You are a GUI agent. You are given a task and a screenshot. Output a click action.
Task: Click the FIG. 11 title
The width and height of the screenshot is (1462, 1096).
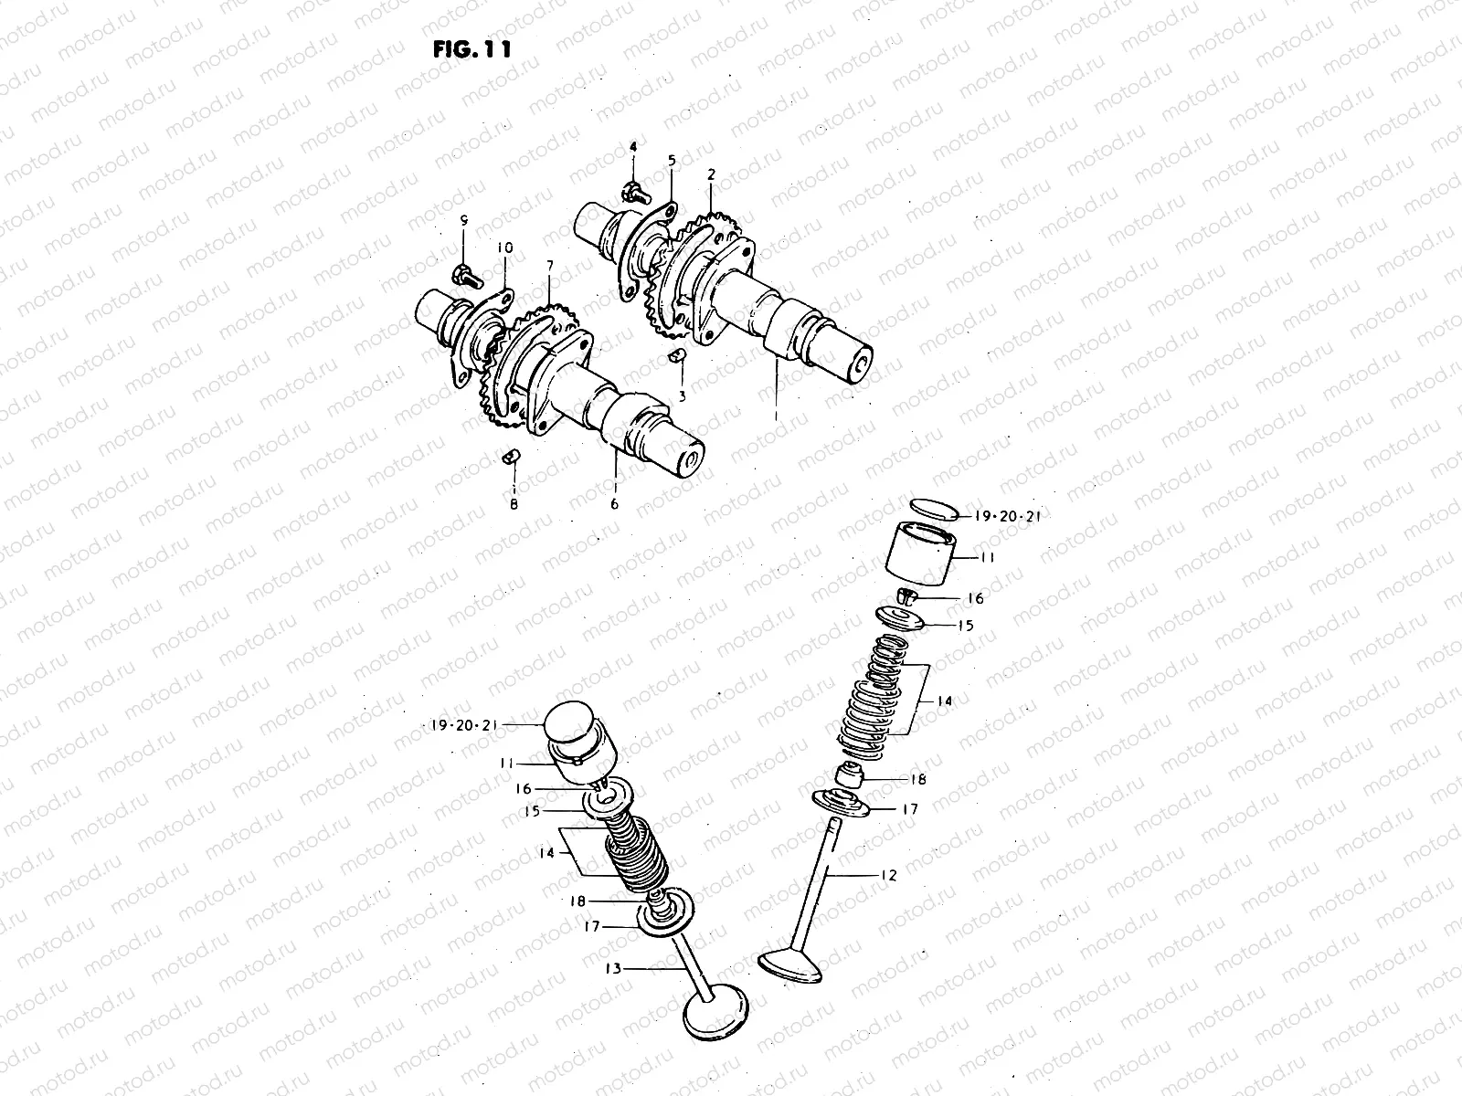coord(472,48)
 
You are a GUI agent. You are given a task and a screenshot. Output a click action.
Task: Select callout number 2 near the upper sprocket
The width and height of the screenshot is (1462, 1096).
coord(711,173)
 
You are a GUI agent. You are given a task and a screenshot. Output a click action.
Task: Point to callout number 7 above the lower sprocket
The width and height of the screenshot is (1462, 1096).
coord(549,266)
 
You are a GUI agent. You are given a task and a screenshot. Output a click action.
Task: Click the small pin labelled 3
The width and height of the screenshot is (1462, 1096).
coord(677,355)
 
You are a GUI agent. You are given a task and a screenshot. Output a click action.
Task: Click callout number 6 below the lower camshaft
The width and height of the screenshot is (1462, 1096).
coord(614,503)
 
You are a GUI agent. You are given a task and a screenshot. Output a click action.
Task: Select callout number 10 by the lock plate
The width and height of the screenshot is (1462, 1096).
coord(505,248)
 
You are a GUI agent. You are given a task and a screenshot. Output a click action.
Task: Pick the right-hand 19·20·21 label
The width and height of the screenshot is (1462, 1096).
coord(1008,516)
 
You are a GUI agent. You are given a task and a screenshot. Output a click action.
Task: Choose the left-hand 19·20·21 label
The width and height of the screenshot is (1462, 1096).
coord(463,725)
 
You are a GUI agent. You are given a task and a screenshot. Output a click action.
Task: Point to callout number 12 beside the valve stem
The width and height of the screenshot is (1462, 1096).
coord(889,875)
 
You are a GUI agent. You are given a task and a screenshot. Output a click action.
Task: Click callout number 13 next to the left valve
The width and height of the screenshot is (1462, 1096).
coord(613,968)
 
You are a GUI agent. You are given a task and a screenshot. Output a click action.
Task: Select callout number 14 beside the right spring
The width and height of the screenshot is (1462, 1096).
coord(944,701)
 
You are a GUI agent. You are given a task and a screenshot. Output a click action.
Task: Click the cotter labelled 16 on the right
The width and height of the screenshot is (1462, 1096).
coord(908,598)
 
